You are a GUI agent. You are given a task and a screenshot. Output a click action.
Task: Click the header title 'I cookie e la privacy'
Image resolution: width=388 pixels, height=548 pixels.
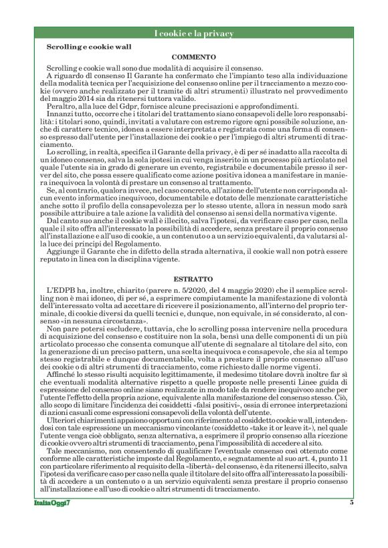pyautogui.click(x=193, y=33)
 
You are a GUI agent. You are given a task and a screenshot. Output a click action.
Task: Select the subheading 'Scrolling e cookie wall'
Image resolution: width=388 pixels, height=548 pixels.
pyautogui.click(x=88, y=47)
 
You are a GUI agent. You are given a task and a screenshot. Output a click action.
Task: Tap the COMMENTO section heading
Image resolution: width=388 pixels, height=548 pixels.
pyautogui.click(x=193, y=58)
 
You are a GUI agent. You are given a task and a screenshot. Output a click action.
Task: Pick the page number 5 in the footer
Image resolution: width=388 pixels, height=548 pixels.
pyautogui.click(x=351, y=521)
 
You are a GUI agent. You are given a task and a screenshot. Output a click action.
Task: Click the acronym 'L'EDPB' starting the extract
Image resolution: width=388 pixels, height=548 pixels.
pyautogui.click(x=61, y=291)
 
